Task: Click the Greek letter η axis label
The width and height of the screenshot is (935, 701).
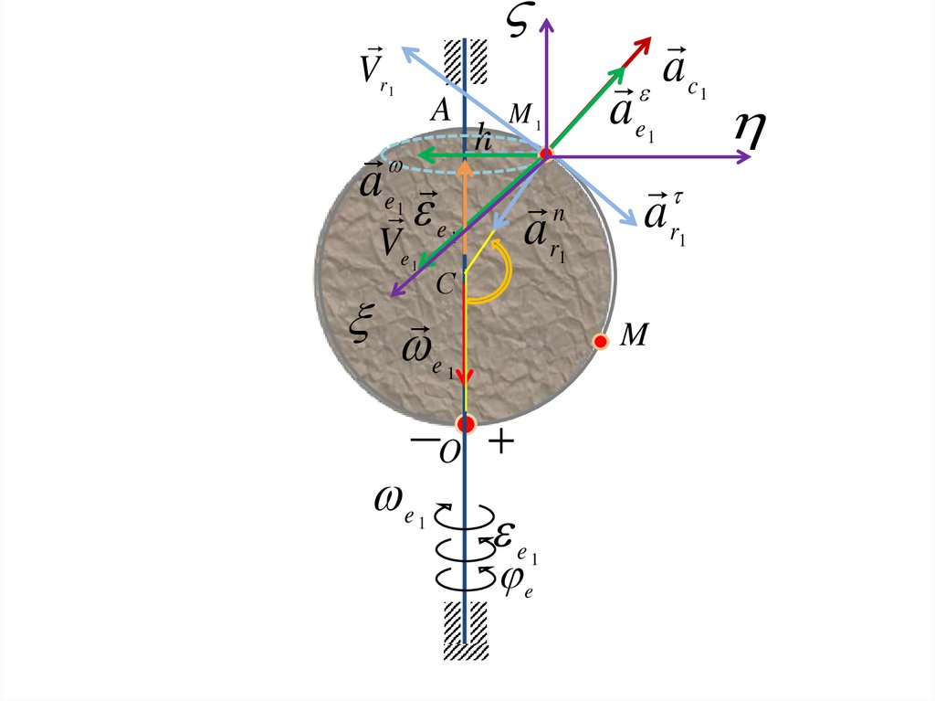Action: [749, 131]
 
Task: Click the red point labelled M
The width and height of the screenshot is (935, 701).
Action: [601, 341]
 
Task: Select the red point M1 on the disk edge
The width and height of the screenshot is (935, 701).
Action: [546, 154]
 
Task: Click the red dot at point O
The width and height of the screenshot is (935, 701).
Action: [466, 423]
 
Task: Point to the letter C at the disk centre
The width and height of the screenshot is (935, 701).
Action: [445, 284]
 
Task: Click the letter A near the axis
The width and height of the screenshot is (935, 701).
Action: [440, 112]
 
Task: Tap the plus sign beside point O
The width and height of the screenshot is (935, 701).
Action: [501, 443]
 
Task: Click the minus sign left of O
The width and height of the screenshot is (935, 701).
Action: [424, 441]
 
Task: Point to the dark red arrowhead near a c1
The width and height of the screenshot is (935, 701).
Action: [641, 46]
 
